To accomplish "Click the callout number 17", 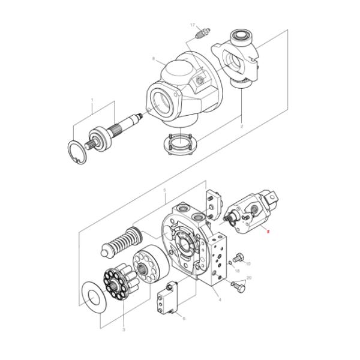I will click(193, 25).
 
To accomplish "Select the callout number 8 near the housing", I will click(154, 59).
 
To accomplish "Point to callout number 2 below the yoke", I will click(241, 127).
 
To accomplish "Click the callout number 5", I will click(164, 190).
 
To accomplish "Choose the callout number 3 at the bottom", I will click(123, 329).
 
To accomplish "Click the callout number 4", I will click(220, 299).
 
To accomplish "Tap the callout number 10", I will click(248, 263).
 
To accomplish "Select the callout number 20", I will click(249, 278).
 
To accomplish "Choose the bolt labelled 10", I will click(239, 258).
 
